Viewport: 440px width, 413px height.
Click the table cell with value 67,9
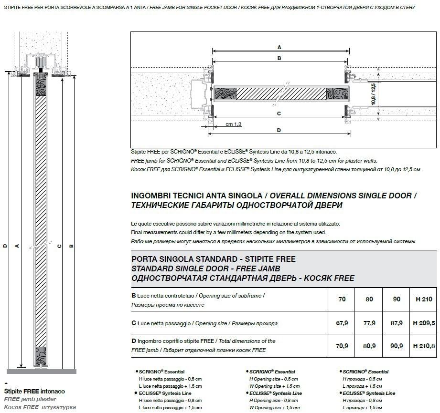tap(342, 323)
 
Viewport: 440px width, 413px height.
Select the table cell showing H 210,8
tap(424, 346)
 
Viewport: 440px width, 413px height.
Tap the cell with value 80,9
tap(369, 346)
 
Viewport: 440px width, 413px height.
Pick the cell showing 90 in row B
tap(397, 299)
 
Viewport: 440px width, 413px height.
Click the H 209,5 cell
tap(424, 323)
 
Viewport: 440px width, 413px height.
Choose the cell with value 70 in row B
tap(342, 299)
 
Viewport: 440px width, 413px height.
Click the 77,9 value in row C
tap(369, 323)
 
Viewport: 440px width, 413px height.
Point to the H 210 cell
tap(424, 299)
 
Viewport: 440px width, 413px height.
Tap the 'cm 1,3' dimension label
tap(234, 124)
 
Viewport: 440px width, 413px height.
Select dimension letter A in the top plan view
tap(279, 47)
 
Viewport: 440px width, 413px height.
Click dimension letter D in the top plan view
tap(279, 130)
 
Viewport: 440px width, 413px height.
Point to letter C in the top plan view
tap(279, 114)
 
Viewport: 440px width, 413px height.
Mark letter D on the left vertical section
tap(5, 246)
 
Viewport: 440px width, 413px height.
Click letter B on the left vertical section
tap(71, 246)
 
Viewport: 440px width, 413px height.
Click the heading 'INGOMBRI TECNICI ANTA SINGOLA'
tap(196, 196)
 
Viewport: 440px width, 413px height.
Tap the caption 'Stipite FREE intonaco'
tap(34, 391)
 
